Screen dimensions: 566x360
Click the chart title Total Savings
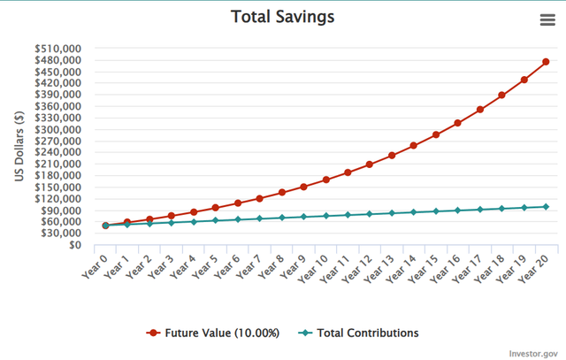283,17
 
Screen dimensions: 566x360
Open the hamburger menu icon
547,19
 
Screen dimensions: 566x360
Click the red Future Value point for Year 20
546,62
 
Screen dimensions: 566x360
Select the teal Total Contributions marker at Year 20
546,207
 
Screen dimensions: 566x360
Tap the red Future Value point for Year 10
326,180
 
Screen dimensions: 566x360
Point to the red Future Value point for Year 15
436,134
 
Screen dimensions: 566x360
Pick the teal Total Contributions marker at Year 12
370,214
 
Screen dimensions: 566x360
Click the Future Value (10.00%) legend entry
212,333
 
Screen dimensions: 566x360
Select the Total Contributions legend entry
358,333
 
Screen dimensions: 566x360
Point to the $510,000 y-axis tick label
57,49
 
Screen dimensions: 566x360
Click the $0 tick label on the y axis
75,245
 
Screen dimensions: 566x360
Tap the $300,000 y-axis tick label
57,129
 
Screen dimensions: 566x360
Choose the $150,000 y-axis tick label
57,187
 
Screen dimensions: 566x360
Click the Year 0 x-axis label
95,266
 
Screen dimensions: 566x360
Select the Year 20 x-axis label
533,268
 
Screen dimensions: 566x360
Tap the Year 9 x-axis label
293,266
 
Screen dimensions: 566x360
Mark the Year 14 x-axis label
401,268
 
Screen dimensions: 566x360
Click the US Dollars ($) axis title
19,146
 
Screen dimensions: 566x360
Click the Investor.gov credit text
533,354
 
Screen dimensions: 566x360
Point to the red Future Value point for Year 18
501,96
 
